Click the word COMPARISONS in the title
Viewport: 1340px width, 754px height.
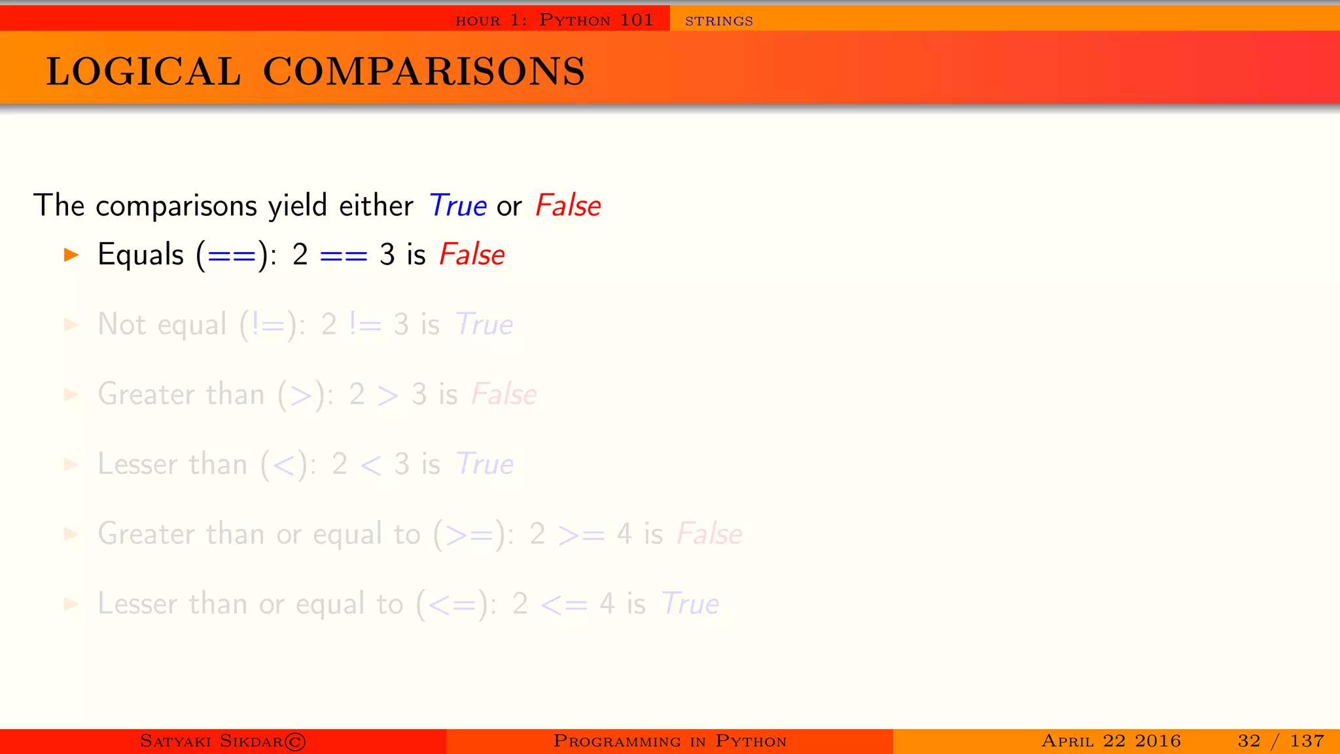point(424,71)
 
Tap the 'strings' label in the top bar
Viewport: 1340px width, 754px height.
point(718,21)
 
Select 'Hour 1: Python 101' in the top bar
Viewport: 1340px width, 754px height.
point(554,20)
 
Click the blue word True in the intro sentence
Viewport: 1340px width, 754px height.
point(457,206)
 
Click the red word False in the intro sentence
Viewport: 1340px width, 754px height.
point(567,206)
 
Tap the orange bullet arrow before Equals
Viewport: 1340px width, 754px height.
point(71,255)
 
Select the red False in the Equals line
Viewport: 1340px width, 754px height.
point(472,255)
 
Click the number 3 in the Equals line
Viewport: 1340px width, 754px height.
point(387,255)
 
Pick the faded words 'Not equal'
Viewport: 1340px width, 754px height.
point(162,325)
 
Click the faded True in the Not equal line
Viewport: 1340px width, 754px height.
point(484,325)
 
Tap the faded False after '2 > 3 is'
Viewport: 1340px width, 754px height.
point(504,395)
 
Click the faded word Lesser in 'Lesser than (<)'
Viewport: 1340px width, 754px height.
point(137,464)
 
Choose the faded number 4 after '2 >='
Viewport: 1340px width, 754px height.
point(624,534)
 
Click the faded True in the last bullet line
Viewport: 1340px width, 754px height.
point(690,603)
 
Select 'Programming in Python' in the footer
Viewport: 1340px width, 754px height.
point(669,741)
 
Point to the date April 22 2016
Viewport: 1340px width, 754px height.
point(1111,741)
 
